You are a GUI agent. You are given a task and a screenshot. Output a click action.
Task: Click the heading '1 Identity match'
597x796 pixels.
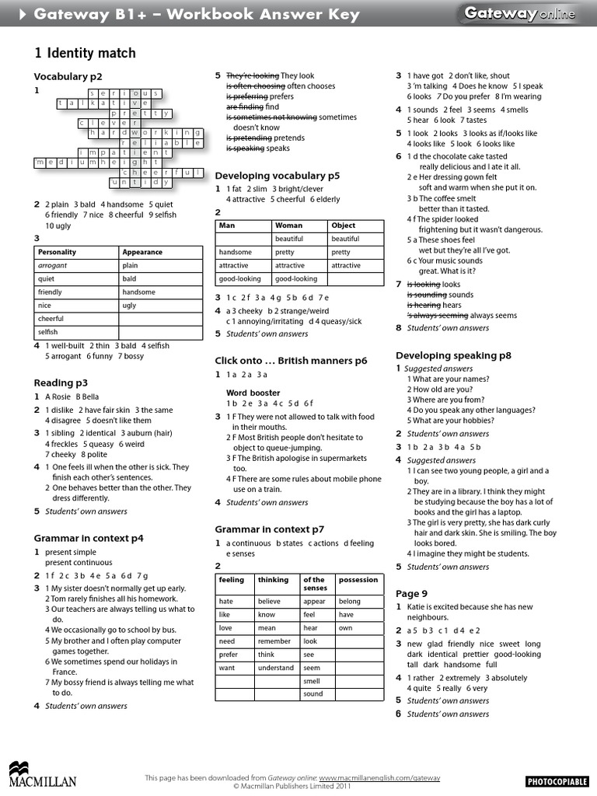point(85,53)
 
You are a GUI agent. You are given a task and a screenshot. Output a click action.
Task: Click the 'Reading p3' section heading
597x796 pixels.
point(61,382)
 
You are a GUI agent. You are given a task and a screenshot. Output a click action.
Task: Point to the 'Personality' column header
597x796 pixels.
point(58,252)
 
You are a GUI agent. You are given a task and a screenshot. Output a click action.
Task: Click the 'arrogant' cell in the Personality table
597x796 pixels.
point(53,265)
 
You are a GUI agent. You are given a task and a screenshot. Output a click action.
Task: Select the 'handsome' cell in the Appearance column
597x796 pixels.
point(139,292)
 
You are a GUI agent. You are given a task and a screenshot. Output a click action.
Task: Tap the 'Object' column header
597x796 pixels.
point(343,225)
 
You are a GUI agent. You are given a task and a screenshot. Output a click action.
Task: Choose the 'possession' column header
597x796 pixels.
point(358,580)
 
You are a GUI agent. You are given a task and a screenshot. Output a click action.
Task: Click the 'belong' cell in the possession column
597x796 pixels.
point(350,601)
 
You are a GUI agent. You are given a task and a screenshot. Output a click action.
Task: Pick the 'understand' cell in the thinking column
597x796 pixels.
point(276,667)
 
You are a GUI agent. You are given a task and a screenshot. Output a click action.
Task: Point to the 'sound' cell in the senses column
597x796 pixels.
point(313,693)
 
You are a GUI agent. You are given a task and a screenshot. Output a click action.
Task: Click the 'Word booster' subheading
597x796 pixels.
point(253,393)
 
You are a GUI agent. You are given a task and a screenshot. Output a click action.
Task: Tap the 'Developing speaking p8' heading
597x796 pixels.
point(453,355)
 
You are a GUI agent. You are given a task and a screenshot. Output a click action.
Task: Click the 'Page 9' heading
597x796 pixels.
point(411,593)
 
